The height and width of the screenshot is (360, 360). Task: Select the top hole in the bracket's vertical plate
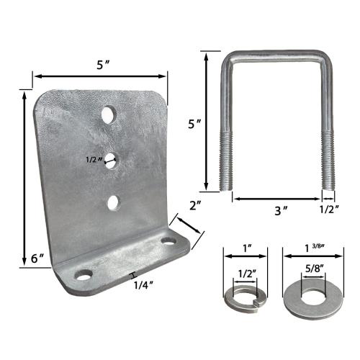108,114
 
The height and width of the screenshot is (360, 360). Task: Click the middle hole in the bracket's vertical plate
111,159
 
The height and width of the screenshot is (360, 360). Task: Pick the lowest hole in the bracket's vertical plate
114,202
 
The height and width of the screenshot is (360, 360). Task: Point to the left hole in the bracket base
84,275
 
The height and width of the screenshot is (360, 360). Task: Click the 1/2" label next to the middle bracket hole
91,160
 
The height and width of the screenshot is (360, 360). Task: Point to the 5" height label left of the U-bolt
192,124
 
